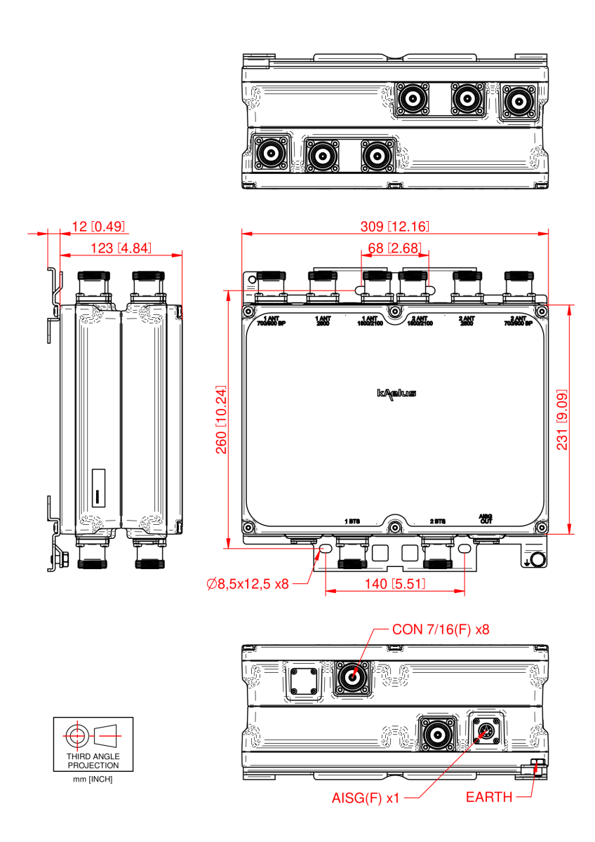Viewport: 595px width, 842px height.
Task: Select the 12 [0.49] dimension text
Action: (98, 226)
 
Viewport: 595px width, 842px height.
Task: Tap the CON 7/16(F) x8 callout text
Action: (440, 629)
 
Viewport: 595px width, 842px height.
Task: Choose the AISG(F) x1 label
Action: (364, 798)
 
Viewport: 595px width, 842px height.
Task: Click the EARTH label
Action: (489, 798)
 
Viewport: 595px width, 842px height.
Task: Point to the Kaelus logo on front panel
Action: (396, 394)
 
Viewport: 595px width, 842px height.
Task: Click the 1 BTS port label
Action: (352, 521)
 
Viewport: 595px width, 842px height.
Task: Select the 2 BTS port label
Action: (437, 521)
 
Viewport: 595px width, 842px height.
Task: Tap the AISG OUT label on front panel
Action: (486, 519)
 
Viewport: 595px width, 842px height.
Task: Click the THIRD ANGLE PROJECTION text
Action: (93, 761)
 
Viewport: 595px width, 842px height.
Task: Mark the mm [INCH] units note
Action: (93, 780)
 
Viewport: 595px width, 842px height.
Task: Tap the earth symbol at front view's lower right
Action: (527, 561)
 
